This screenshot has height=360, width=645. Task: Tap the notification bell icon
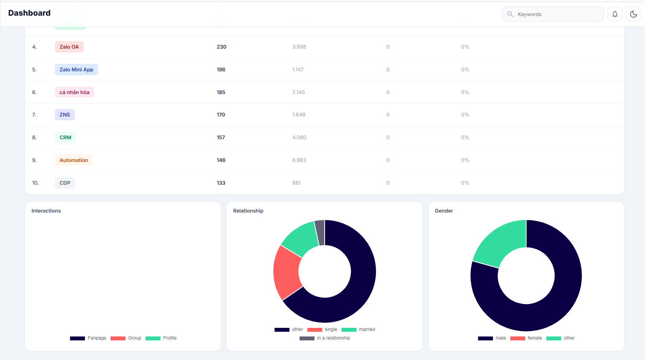point(615,14)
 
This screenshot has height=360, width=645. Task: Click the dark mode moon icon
point(633,14)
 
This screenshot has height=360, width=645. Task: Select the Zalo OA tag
point(69,47)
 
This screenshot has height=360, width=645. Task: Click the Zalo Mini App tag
point(76,69)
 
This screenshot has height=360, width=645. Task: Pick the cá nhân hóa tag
point(74,92)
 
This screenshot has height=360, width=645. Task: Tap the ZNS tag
point(65,115)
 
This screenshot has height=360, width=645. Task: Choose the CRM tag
point(65,137)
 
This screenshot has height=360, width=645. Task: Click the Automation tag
point(74,160)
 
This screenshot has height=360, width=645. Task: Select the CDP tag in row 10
point(65,183)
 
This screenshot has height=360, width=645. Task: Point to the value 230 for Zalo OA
point(222,47)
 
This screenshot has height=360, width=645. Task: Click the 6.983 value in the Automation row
point(299,160)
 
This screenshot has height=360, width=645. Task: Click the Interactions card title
point(46,211)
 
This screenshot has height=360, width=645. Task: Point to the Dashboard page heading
point(29,13)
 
